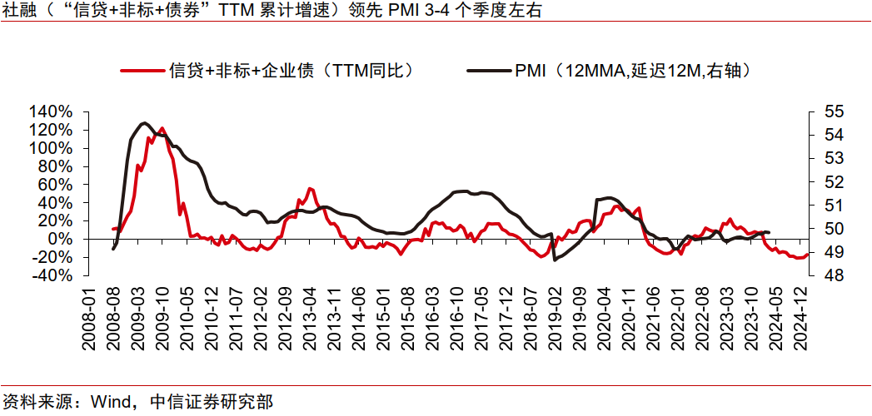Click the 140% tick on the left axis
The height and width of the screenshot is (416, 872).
(x=52, y=111)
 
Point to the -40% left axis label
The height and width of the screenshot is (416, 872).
(x=52, y=275)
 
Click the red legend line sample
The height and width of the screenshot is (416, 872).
(x=142, y=71)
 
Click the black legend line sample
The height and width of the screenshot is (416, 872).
(x=488, y=71)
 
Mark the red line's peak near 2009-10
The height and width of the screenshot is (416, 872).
(x=161, y=129)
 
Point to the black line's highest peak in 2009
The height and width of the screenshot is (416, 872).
(x=144, y=123)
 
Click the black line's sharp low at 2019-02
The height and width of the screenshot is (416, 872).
(x=555, y=260)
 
